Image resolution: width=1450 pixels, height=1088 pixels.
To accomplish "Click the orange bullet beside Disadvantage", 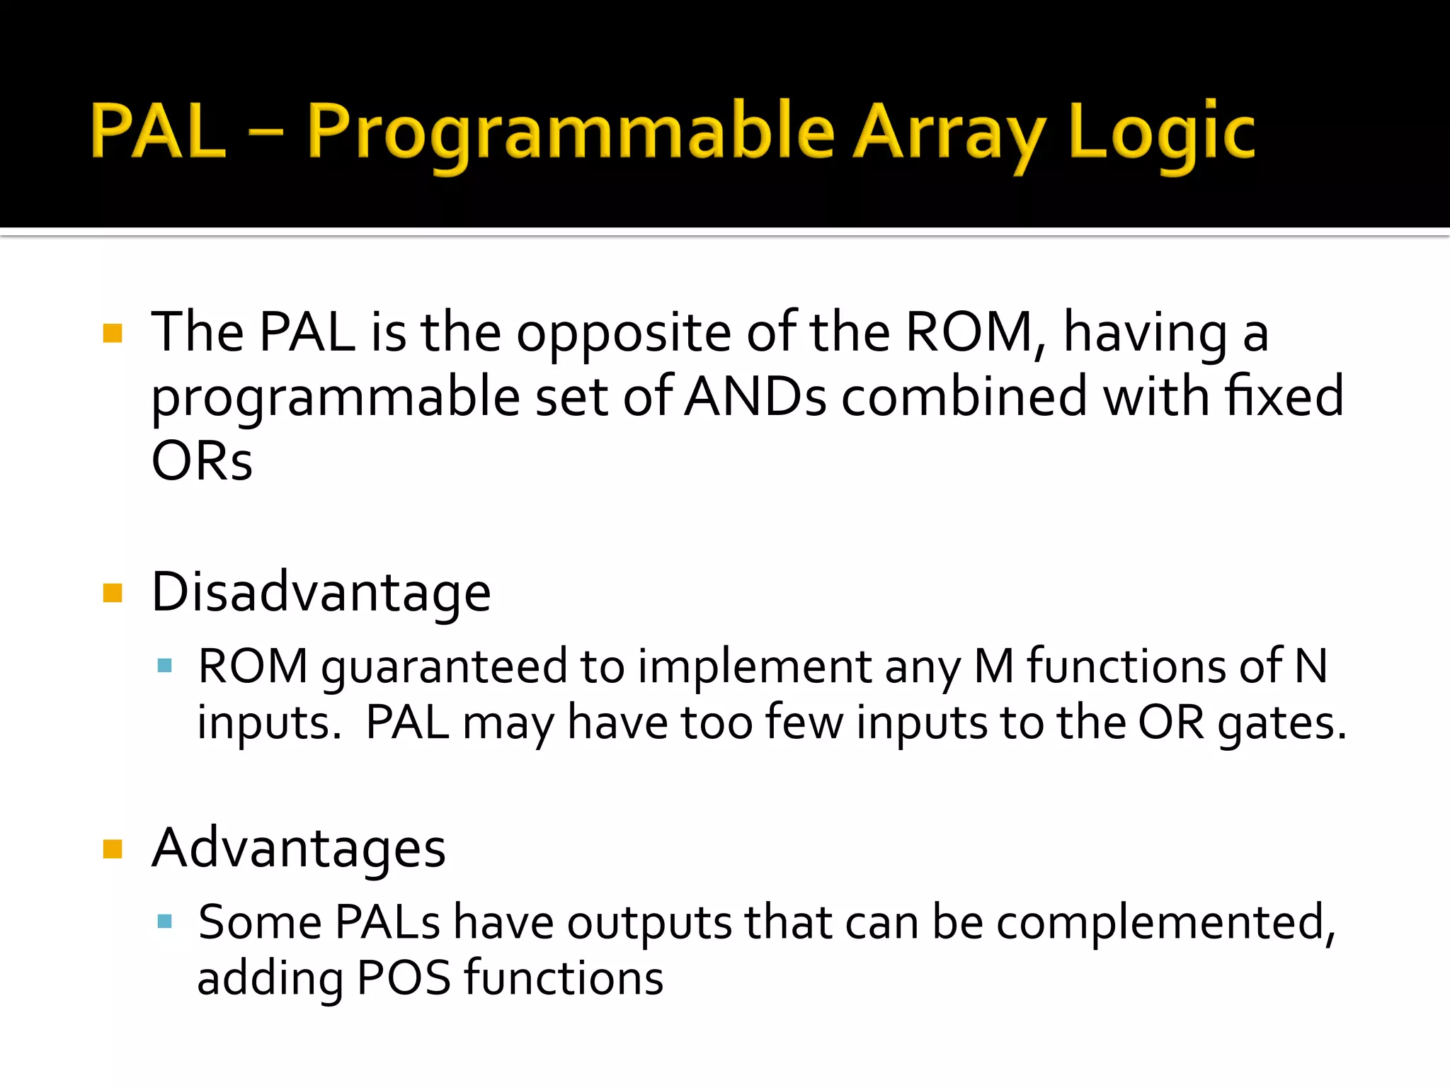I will point(113,592).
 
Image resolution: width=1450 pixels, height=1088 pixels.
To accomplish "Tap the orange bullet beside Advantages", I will point(113,848).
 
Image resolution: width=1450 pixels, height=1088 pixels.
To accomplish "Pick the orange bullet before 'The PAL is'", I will point(113,333).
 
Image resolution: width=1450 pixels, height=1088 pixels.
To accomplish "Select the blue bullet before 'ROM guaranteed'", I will point(165,665).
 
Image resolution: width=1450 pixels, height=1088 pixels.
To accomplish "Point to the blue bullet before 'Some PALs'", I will point(165,921).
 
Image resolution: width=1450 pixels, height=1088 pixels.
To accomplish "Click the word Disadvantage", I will point(321,592).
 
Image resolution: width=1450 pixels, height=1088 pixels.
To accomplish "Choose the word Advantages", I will point(299,848).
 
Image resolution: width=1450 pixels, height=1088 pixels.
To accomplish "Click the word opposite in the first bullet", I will point(623,333).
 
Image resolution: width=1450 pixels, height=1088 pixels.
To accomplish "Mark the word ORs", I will point(202,461).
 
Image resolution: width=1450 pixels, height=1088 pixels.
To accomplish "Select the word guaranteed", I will point(444,667).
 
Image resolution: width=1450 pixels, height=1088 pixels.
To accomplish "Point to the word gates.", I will point(1281,723).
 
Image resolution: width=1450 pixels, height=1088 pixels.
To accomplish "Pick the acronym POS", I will point(404,978).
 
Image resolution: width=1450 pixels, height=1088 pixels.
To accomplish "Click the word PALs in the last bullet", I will point(387,922).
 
